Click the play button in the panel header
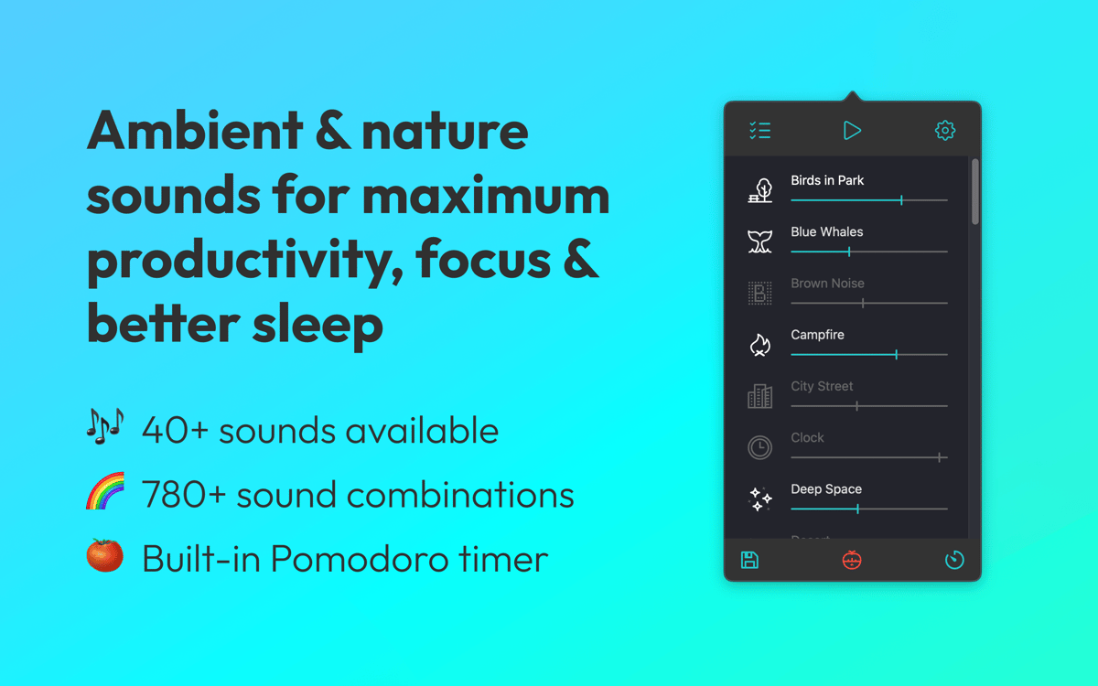tap(852, 130)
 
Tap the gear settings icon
tap(944, 130)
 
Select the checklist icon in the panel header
tap(759, 130)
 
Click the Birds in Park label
tap(827, 180)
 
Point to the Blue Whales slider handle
tap(849, 252)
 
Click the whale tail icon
tap(759, 241)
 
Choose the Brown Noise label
tap(827, 284)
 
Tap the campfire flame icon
tap(759, 345)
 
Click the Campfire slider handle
tap(896, 355)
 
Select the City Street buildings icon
tap(759, 396)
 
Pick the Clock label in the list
tap(807, 437)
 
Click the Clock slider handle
tap(939, 457)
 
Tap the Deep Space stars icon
tap(759, 498)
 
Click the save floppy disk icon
tap(749, 560)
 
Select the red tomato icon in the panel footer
tap(852, 560)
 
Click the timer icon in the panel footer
tap(954, 560)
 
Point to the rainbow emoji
tap(105, 491)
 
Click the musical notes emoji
tap(105, 426)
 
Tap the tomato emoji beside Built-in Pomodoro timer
tap(105, 555)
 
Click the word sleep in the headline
tap(318, 325)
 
